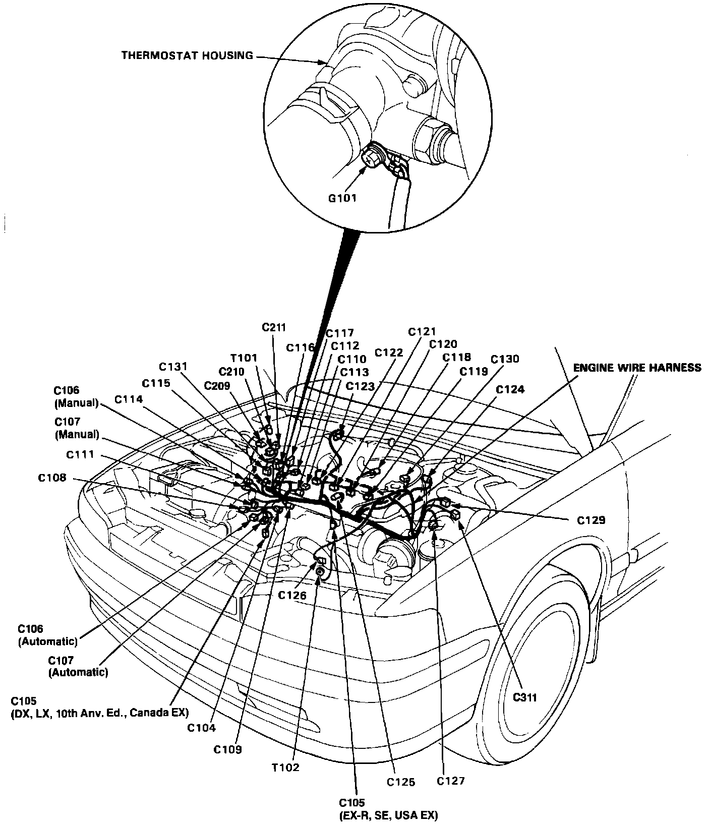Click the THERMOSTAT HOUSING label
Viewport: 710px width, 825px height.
[187, 55]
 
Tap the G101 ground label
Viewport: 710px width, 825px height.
[342, 198]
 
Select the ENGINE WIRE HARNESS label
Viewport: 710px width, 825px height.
[637, 368]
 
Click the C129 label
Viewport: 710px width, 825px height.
[591, 520]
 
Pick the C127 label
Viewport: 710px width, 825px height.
[450, 781]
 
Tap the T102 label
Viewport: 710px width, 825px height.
[285, 768]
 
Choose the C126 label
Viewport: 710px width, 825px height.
[292, 595]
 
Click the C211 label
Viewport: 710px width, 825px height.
[274, 327]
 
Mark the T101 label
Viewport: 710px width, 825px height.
[244, 358]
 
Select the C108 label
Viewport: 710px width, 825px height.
[52, 478]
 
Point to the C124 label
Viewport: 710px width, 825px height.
[510, 389]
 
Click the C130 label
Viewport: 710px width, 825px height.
[505, 359]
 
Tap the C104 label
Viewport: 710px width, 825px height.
[201, 728]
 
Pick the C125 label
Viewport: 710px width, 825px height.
[401, 782]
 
